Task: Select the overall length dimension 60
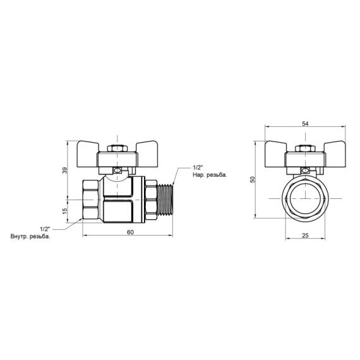130,232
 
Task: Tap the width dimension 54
305,124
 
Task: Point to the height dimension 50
253,179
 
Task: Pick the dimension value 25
305,234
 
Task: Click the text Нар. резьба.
209,175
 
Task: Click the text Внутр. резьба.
30,237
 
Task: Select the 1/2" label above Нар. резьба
197,167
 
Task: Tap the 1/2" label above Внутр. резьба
44,229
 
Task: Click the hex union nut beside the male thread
150,199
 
